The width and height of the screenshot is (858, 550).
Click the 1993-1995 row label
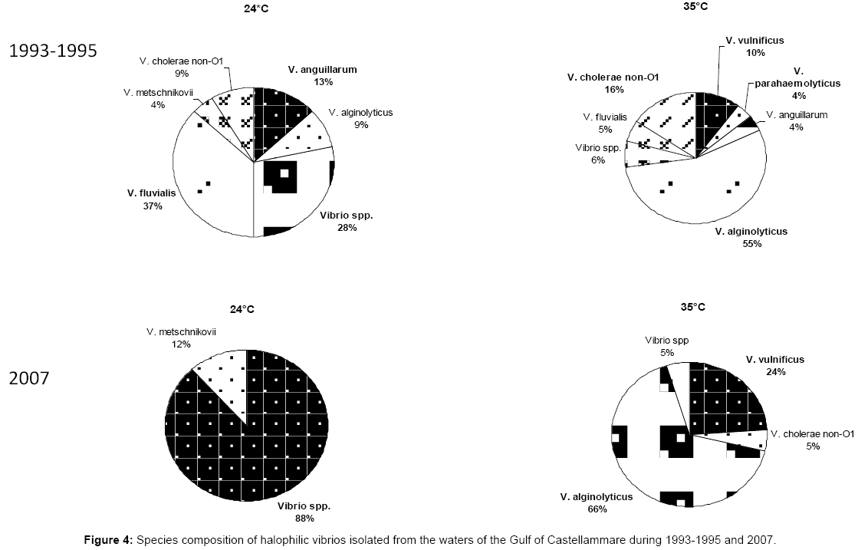[x=53, y=51]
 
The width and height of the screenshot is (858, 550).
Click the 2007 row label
[x=29, y=378]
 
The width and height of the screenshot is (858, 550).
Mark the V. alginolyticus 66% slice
[x=656, y=454]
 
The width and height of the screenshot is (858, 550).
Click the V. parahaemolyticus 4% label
[x=797, y=83]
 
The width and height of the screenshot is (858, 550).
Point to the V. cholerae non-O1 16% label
[x=613, y=83]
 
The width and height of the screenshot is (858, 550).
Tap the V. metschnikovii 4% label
[x=158, y=98]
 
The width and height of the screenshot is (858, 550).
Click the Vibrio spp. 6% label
[x=598, y=153]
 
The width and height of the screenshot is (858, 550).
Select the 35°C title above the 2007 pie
[x=692, y=307]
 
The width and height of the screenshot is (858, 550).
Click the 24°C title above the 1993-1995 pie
[x=256, y=8]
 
